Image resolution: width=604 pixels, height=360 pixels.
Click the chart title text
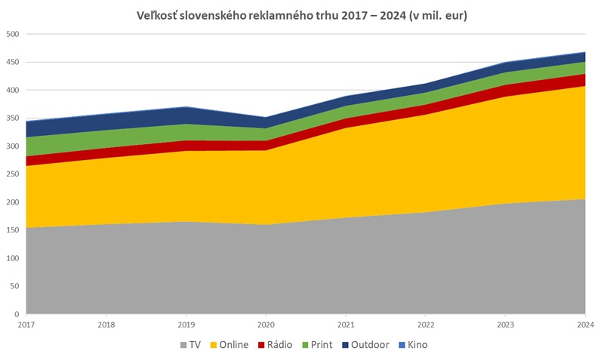click(x=302, y=16)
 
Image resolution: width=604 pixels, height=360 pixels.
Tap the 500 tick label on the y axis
click(x=12, y=34)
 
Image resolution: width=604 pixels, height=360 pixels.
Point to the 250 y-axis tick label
click(x=12, y=174)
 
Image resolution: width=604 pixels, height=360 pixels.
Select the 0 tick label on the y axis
click(x=17, y=314)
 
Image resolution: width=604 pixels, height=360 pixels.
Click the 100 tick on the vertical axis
click(x=12, y=258)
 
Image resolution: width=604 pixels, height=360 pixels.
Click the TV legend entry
click(x=191, y=345)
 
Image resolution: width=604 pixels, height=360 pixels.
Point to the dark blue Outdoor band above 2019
click(x=186, y=115)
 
